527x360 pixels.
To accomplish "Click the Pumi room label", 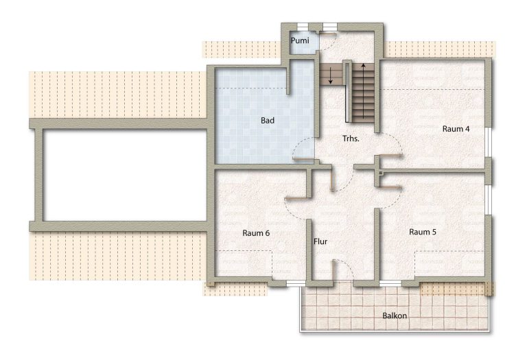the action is click(x=300, y=40).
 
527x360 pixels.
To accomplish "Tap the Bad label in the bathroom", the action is click(x=268, y=120).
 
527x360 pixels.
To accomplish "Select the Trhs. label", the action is click(x=351, y=139).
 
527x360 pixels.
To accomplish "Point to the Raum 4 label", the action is click(x=456, y=129).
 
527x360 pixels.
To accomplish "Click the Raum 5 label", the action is click(x=423, y=232).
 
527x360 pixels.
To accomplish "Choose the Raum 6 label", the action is click(x=256, y=232).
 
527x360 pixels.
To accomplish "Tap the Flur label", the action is click(x=320, y=241).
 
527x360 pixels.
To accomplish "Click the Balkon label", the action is click(x=395, y=315).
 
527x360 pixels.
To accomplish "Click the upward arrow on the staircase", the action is click(x=363, y=91).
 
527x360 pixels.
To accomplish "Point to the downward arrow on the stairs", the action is click(x=330, y=75).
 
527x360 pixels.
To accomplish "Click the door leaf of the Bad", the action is click(x=303, y=158).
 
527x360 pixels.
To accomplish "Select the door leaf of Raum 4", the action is click(x=391, y=155).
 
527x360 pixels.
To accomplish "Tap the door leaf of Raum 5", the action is click(x=391, y=187).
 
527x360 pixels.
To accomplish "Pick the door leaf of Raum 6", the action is click(x=298, y=198).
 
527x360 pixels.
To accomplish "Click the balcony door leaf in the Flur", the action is click(x=333, y=269).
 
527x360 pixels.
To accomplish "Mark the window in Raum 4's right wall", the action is click(x=489, y=143).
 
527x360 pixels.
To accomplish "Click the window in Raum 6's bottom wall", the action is click(x=296, y=284).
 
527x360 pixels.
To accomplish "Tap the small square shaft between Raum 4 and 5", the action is click(x=380, y=173).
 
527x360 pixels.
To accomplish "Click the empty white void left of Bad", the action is click(x=125, y=175).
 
